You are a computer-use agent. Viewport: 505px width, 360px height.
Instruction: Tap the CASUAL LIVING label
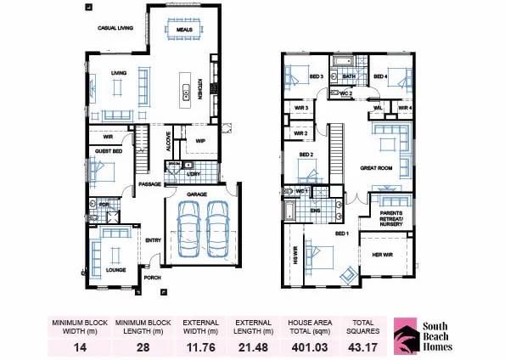tap(115, 28)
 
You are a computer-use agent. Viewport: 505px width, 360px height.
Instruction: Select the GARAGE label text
tap(197, 194)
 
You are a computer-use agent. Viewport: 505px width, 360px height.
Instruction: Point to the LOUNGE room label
tap(115, 270)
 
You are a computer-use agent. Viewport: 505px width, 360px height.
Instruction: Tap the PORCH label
tap(153, 277)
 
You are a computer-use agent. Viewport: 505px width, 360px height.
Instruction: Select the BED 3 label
tap(315, 76)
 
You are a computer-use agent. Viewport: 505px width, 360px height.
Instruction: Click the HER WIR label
tap(381, 252)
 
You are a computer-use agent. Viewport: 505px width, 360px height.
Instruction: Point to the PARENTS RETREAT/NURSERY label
tap(391, 216)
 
